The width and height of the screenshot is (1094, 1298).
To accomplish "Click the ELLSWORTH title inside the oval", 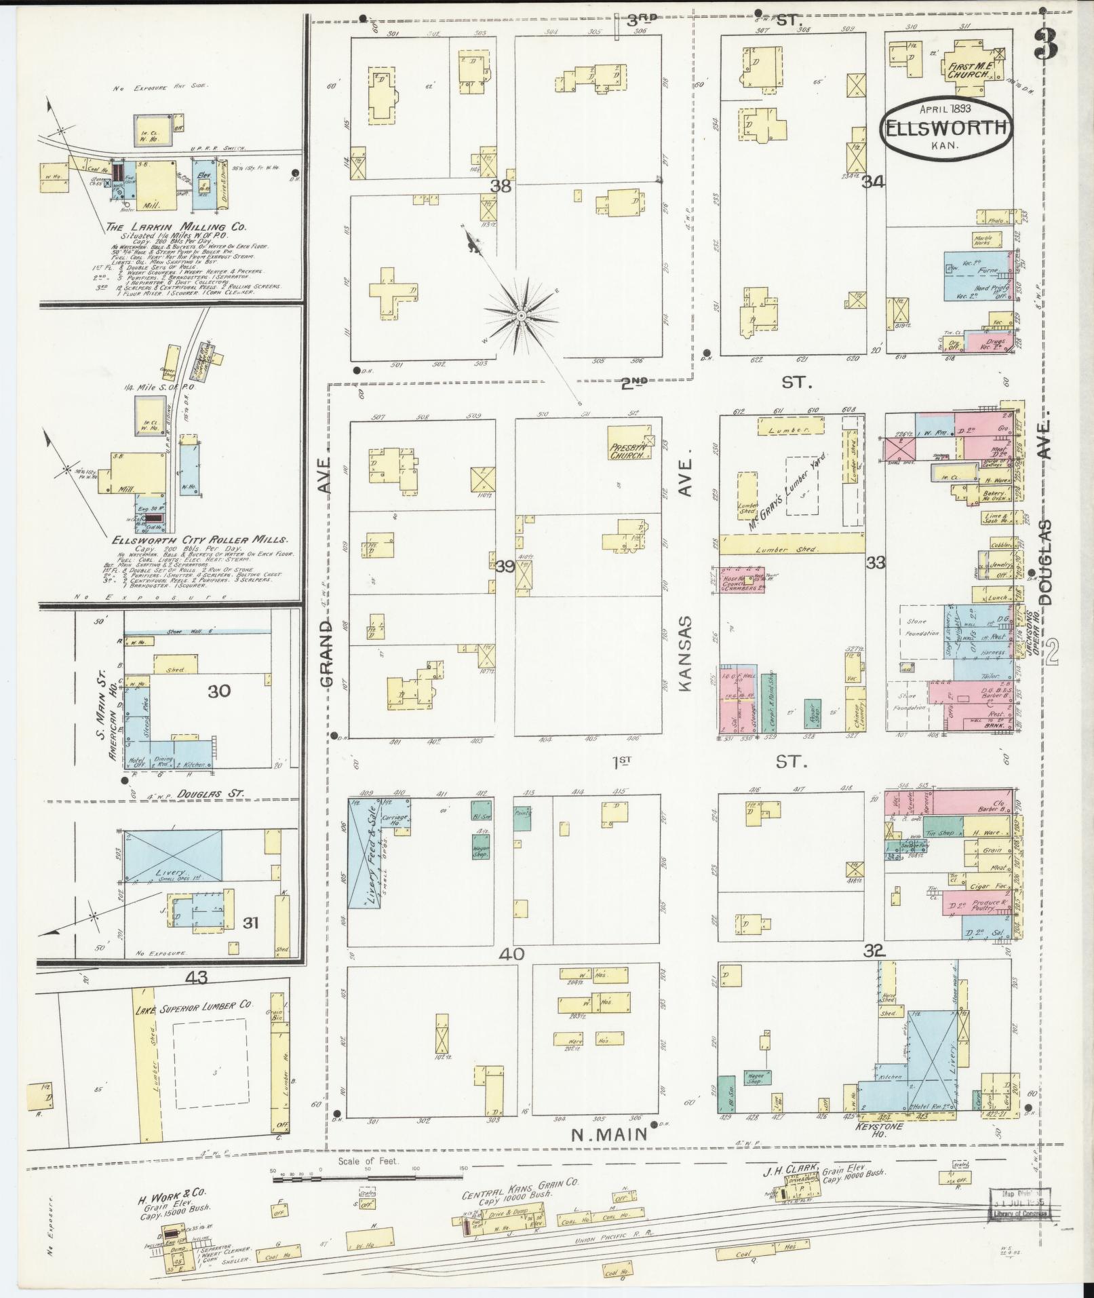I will pyautogui.click(x=948, y=130).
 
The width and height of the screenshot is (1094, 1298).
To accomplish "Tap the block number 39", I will pyautogui.click(x=504, y=566).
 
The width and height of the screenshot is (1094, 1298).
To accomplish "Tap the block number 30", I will pyautogui.click(x=219, y=691).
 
